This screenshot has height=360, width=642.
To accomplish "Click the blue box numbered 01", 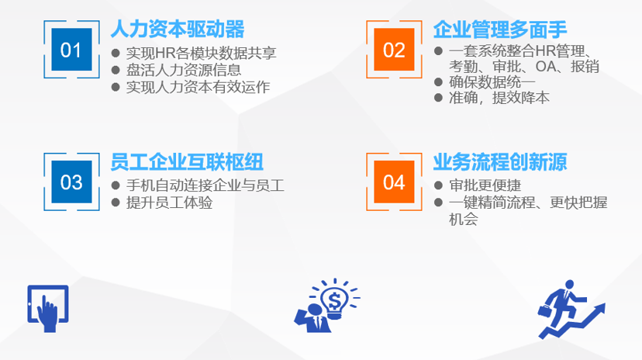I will coord(71,50).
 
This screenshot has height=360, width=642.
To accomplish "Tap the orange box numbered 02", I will coord(394,50).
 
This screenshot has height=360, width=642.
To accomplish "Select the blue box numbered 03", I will coord(71,182).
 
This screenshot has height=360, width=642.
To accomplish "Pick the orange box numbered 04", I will coord(394,182).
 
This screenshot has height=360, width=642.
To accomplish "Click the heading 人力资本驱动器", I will coord(178,29).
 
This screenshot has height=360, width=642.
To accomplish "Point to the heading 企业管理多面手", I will coord(500,29).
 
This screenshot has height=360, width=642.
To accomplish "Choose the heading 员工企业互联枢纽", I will coord(187,161).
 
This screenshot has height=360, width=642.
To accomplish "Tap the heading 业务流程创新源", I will coord(500,161).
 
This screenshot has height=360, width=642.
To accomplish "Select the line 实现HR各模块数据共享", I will coord(202,53).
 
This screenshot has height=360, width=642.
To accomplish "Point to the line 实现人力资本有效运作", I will coord(198,87).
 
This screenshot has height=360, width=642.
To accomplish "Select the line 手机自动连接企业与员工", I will coord(205,185).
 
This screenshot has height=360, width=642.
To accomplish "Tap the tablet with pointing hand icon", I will coord(48,310).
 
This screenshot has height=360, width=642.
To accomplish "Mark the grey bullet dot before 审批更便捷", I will coord(439,185).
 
